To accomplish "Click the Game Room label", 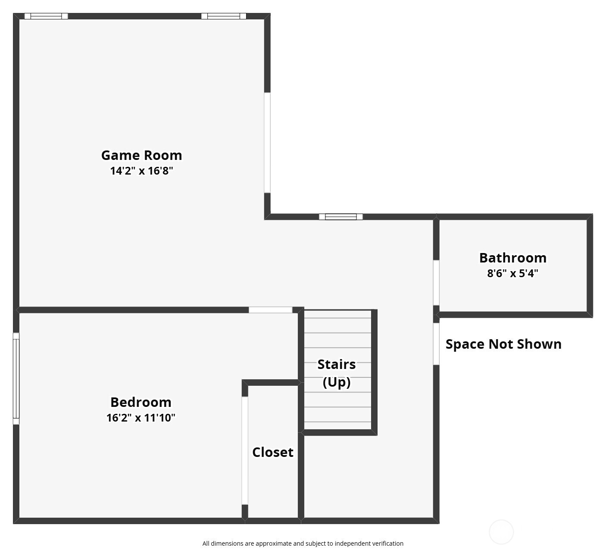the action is (141, 155).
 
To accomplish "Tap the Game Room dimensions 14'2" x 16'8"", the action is (141, 171).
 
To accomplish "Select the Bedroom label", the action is (141, 402).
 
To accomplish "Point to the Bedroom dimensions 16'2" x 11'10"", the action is (141, 418).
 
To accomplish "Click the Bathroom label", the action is (512, 258).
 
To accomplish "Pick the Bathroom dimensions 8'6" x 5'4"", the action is (512, 273).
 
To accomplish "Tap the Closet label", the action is (273, 453).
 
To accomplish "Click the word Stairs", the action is (337, 365).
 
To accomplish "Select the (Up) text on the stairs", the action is (337, 382).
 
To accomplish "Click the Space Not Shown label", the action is (503, 344).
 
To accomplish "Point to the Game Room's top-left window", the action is (46, 16).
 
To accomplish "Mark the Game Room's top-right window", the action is (224, 16).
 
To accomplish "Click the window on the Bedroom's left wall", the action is (16, 378).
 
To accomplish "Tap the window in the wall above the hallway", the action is (341, 217).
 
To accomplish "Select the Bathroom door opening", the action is (436, 283).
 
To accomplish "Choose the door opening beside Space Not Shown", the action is (436, 344).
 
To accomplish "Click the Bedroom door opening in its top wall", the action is (270, 310).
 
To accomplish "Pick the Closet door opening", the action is (245, 450).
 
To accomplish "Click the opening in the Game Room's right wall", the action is (267, 143).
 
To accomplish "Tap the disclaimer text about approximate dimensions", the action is (303, 544).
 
